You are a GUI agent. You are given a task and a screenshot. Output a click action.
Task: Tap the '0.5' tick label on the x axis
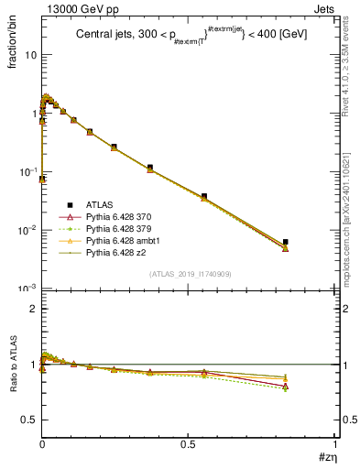point(187,444)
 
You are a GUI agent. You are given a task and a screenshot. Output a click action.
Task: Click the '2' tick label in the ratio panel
point(32,309)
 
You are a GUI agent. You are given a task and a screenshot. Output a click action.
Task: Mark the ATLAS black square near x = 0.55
point(204,196)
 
